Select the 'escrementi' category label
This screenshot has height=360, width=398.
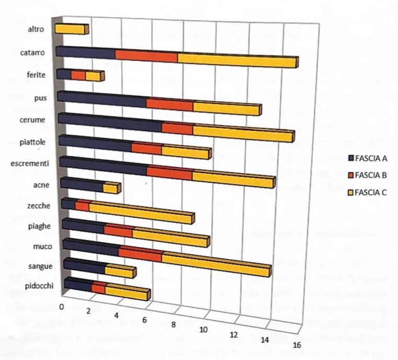30,163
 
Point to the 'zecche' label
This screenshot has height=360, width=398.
39,206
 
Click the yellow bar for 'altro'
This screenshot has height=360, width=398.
70,29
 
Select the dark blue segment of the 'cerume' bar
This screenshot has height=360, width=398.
109,122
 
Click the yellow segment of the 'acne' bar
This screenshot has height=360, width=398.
110,187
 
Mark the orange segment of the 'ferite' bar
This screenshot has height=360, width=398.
78,76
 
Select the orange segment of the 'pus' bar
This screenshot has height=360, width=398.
169,103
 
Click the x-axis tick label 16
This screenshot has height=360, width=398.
297,345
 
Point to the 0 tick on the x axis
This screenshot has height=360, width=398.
62,307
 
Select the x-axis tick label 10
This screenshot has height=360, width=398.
203,329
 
